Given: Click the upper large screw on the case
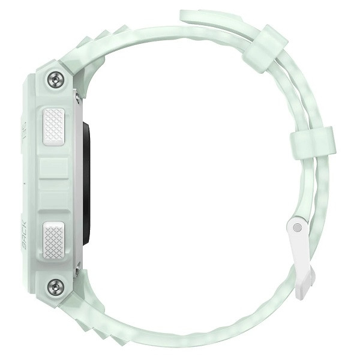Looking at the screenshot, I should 56,79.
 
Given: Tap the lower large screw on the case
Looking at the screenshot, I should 56,286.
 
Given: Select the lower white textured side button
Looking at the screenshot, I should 55,240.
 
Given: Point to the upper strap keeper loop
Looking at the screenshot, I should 265,48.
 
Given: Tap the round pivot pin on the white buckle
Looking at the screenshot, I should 296,227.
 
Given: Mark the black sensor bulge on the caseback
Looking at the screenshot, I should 86,183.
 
